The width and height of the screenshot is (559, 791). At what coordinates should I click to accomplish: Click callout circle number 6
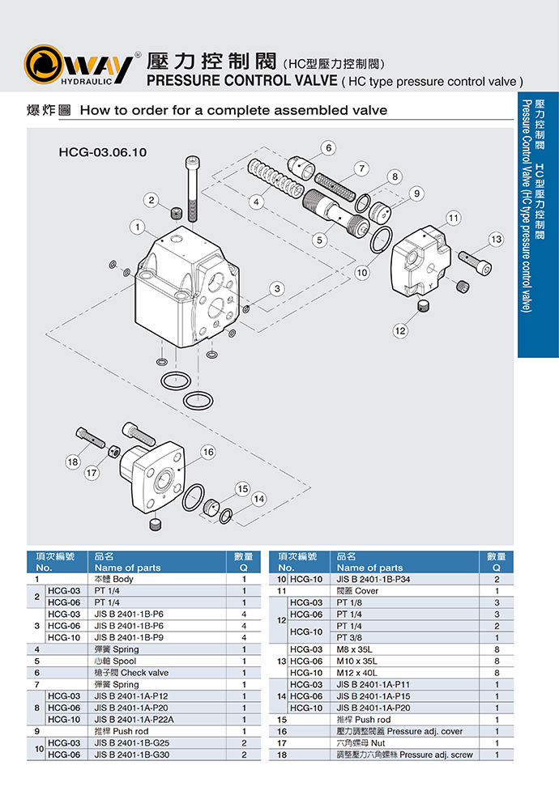coord(328,147)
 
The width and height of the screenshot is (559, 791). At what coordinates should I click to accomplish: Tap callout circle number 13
coord(496,240)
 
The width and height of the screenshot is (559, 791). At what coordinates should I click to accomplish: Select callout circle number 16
coord(208,452)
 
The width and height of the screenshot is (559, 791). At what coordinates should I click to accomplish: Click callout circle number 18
coord(73,462)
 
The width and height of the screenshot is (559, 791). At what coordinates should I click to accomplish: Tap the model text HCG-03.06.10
coord(101,151)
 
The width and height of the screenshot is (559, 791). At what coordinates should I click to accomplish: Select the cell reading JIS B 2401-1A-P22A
coord(134,719)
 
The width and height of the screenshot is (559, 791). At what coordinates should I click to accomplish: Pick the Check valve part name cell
coord(131,672)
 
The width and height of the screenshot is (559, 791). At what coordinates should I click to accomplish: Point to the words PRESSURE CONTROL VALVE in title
coord(240,81)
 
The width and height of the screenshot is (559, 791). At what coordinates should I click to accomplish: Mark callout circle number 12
coord(401,330)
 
